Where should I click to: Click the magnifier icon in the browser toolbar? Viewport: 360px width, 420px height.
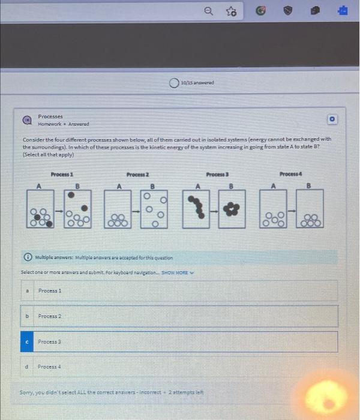pos(208,11)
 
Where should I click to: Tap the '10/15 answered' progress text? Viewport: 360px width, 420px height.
pos(198,83)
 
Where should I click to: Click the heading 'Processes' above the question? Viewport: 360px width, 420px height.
pos(50,116)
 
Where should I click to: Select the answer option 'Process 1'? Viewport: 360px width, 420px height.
pos(50,290)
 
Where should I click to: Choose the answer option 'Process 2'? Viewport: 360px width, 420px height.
pos(50,316)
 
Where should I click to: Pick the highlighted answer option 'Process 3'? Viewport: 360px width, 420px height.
pos(50,341)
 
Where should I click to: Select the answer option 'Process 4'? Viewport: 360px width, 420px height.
pos(50,367)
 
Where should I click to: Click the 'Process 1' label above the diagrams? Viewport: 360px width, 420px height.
pos(62,173)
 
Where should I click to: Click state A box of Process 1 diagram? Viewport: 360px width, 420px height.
pos(40,210)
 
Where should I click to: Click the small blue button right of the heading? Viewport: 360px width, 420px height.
pos(332,119)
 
